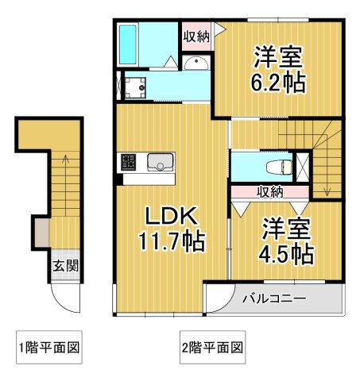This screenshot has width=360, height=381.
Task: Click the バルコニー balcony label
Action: (x=273, y=300)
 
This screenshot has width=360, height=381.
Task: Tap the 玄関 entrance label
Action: (x=65, y=266)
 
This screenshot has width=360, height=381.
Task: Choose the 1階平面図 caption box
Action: (x=49, y=347)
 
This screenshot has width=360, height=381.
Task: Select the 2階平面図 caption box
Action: (x=211, y=347)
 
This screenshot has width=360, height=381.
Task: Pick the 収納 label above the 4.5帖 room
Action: (x=269, y=191)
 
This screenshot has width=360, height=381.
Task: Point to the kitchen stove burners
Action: (x=128, y=164)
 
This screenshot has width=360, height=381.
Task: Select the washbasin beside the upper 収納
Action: (x=197, y=64)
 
